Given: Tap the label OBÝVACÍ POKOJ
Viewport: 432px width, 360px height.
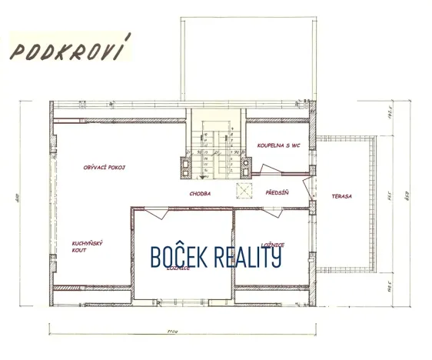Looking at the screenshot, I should tap(104, 167).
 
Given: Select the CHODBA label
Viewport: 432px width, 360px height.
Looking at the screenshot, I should tap(200, 195).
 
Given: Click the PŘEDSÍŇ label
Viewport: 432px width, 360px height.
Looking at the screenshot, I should tap(276, 193).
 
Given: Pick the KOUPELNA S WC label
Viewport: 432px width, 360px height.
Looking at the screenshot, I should tap(277, 144).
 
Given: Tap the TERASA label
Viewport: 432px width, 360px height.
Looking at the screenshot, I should tap(341, 196).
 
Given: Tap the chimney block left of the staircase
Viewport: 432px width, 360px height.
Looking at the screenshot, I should tap(184, 163).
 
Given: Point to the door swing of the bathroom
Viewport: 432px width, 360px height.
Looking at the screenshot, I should tap(269, 171).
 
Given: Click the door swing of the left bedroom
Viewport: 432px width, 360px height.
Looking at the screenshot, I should tap(143, 217).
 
